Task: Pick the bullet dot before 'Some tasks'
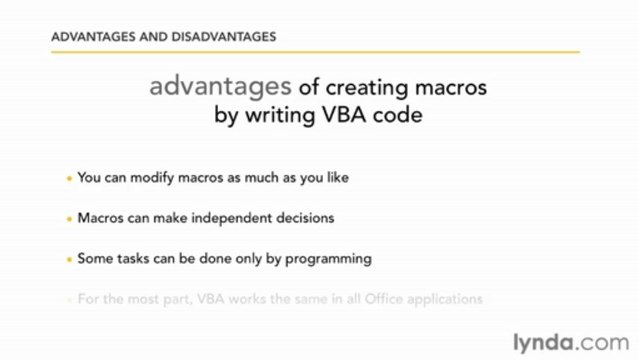tap(69, 258)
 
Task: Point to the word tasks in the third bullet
tap(131, 258)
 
